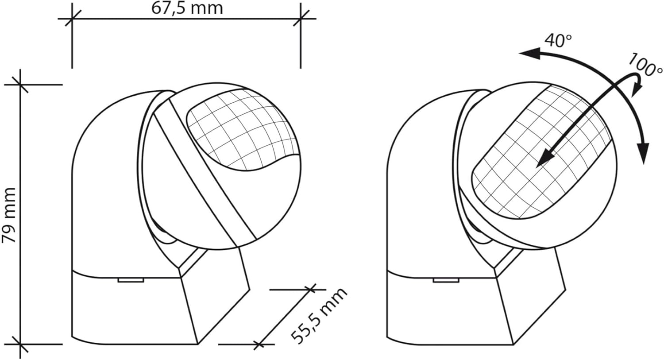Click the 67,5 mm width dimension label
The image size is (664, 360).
click(x=187, y=8)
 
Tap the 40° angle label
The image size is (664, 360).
click(x=558, y=40)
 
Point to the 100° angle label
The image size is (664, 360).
click(x=645, y=65)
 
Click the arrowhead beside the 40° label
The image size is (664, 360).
click(x=529, y=54)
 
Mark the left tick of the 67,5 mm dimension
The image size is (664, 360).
click(x=72, y=19)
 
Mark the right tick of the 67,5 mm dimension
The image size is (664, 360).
click(x=301, y=19)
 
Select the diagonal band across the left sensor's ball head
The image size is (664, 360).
click(x=208, y=168)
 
